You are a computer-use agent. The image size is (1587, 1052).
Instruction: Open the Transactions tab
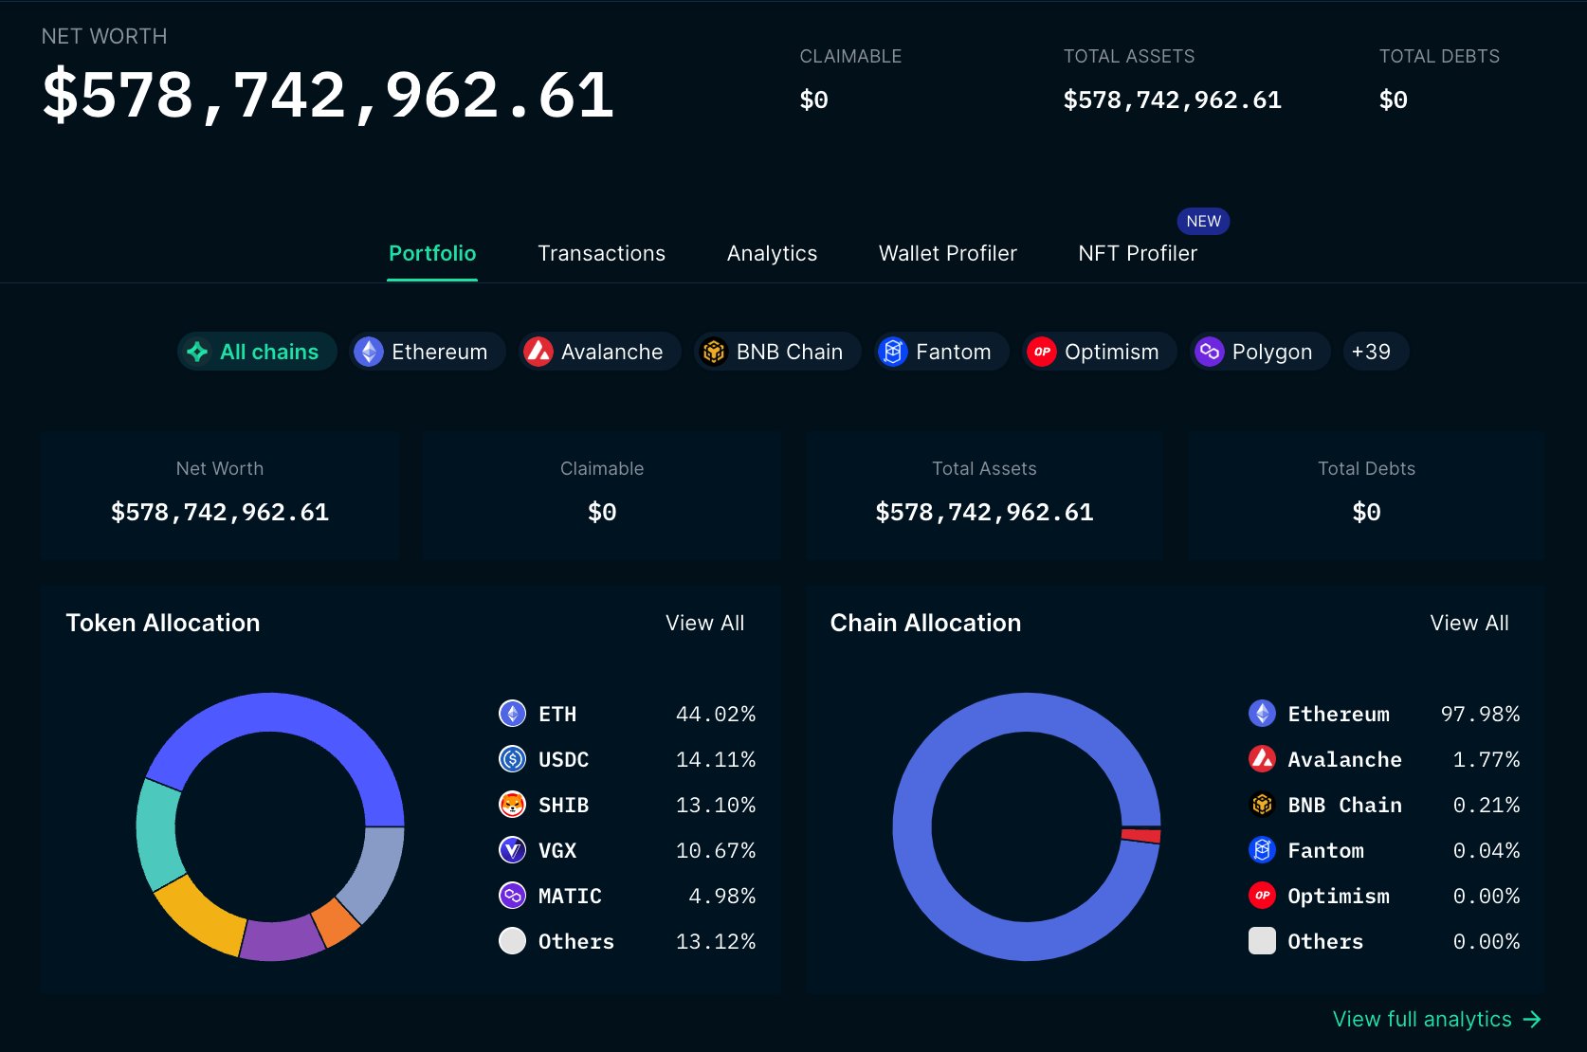pyautogui.click(x=601, y=254)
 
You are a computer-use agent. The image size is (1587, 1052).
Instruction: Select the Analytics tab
pyautogui.click(x=772, y=254)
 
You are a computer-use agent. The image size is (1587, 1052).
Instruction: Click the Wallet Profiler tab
pyautogui.click(x=947, y=254)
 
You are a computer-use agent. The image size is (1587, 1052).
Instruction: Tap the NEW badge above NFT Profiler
pyautogui.click(x=1203, y=221)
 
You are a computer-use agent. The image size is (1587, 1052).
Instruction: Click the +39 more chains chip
pyautogui.click(x=1371, y=352)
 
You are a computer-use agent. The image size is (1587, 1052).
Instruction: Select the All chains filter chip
pyautogui.click(x=257, y=352)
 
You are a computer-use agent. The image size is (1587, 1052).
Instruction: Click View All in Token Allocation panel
pyautogui.click(x=704, y=623)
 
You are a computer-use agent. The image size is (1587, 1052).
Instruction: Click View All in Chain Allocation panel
pyautogui.click(x=1468, y=623)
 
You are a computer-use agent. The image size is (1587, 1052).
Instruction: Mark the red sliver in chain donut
pyautogui.click(x=1141, y=835)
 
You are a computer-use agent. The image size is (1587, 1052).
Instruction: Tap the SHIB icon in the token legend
pyautogui.click(x=512, y=805)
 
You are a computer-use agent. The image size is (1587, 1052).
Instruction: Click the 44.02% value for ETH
pyautogui.click(x=715, y=714)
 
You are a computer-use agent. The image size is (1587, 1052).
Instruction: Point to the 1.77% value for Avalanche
pyautogui.click(x=1486, y=759)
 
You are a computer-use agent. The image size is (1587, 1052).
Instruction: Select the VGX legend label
pyautogui.click(x=557, y=850)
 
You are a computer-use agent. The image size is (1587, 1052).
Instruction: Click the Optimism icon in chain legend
pyautogui.click(x=1262, y=896)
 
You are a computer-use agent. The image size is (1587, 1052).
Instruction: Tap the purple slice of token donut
pyautogui.click(x=282, y=940)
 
